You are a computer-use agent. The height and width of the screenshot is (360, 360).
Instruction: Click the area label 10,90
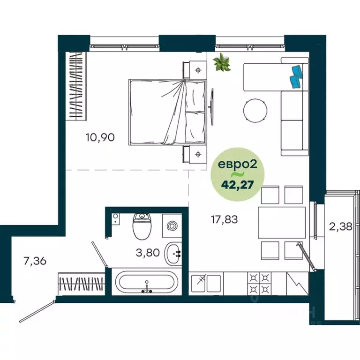pyautogui.click(x=100, y=137)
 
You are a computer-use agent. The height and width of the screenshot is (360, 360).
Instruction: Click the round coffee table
pyautogui.click(x=255, y=111)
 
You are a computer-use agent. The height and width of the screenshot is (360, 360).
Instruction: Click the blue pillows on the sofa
pyautogui.click(x=297, y=76)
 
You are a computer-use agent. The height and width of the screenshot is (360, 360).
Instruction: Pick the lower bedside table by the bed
pyautogui.click(x=199, y=153)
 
